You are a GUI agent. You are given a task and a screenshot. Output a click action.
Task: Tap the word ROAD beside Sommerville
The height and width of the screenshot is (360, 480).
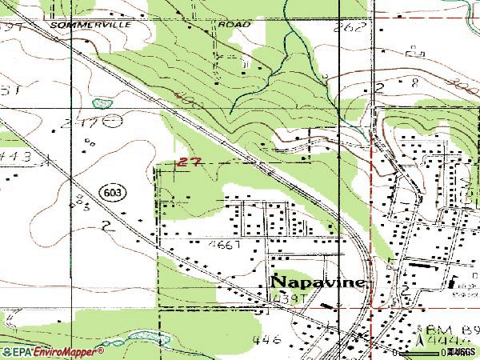pyautogui.click(x=234, y=25)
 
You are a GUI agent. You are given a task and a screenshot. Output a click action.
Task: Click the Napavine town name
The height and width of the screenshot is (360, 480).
pyautogui.click(x=318, y=282)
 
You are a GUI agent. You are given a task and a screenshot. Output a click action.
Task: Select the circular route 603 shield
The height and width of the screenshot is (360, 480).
pyautogui.click(x=112, y=193)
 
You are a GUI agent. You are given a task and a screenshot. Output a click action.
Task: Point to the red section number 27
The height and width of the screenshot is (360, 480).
pyautogui.click(x=190, y=162)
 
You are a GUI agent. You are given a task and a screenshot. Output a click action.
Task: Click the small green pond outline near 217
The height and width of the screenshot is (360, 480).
pyautogui.click(x=100, y=103)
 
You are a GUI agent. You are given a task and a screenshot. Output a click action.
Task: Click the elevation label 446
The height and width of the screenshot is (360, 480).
pyautogui.click(x=266, y=339)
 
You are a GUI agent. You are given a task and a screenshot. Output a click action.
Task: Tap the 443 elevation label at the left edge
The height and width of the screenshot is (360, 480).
pyautogui.click(x=16, y=158)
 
